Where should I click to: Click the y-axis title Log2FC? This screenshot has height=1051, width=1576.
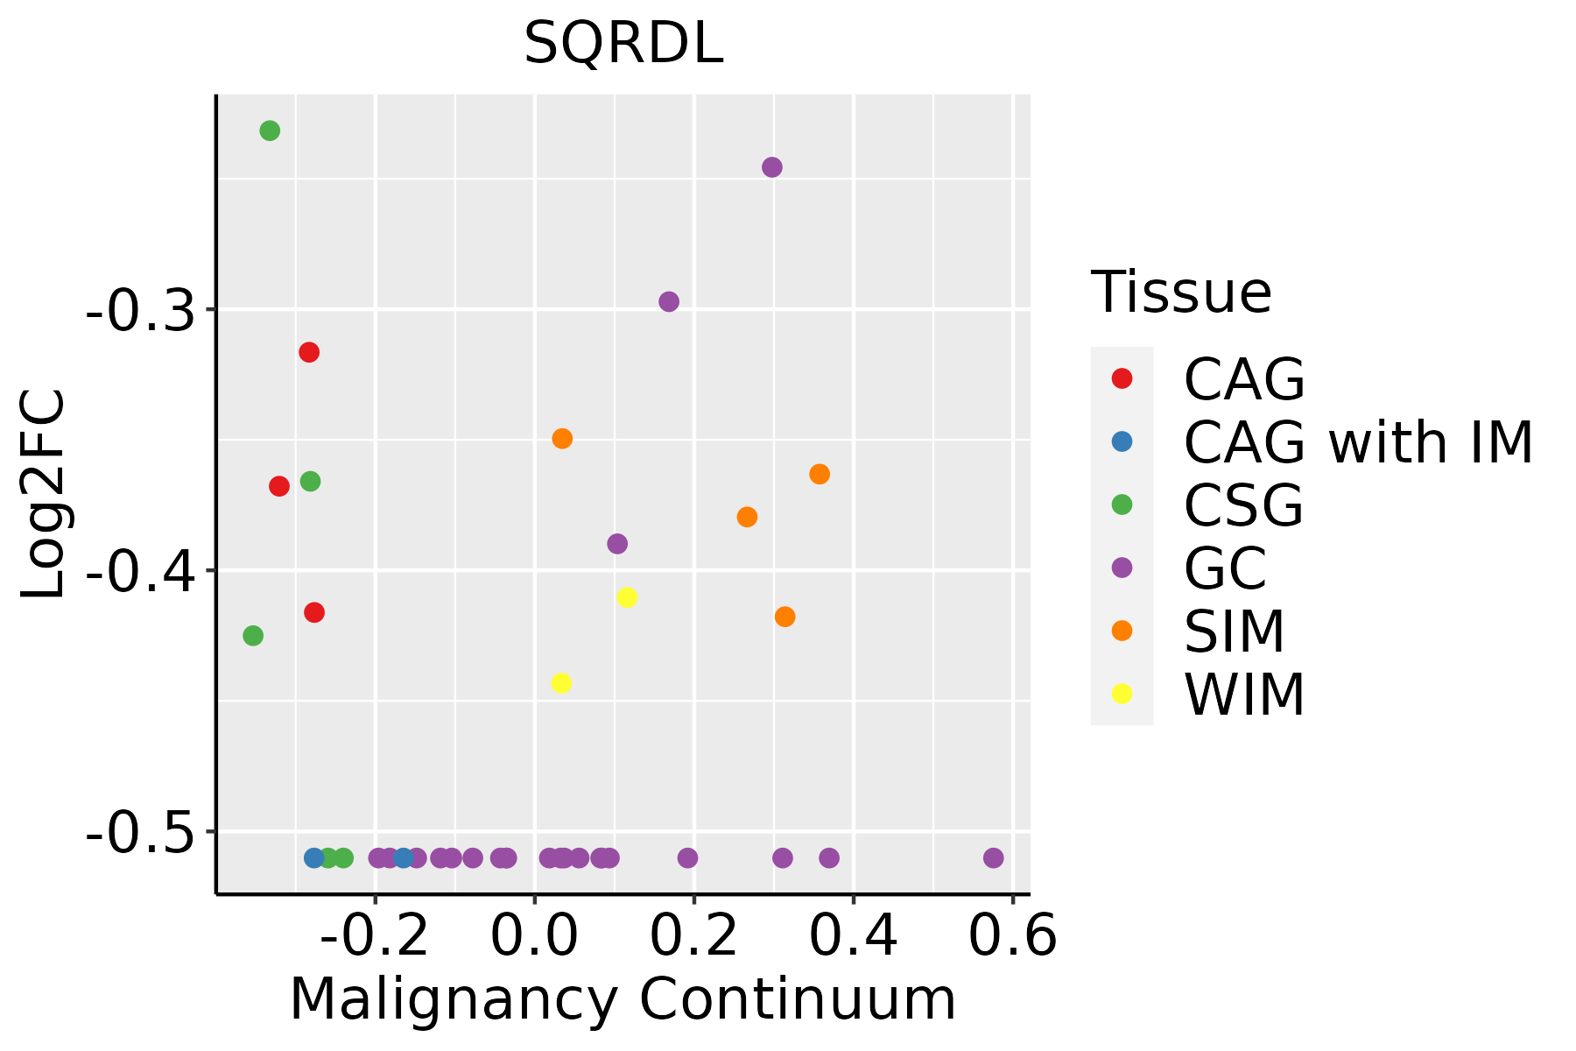[x=44, y=494]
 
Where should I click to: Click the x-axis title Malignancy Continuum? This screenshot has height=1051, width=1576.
[x=623, y=999]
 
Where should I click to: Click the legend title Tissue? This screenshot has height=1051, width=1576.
[x=1181, y=293]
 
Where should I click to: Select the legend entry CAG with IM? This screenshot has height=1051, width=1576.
[x=1358, y=442]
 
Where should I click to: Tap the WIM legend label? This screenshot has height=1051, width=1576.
[x=1244, y=695]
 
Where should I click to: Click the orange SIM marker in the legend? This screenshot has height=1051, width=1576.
[x=1122, y=631]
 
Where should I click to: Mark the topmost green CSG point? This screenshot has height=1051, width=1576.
[x=270, y=130]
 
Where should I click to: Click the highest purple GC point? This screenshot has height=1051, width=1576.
[x=772, y=167]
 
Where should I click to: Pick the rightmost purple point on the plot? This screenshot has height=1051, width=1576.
[x=993, y=857]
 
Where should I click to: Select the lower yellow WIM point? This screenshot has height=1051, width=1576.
[x=562, y=682]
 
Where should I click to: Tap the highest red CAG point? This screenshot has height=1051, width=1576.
[x=309, y=352]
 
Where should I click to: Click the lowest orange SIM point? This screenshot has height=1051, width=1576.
[x=785, y=617]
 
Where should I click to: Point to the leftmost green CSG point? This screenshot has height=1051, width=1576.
[x=253, y=635]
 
